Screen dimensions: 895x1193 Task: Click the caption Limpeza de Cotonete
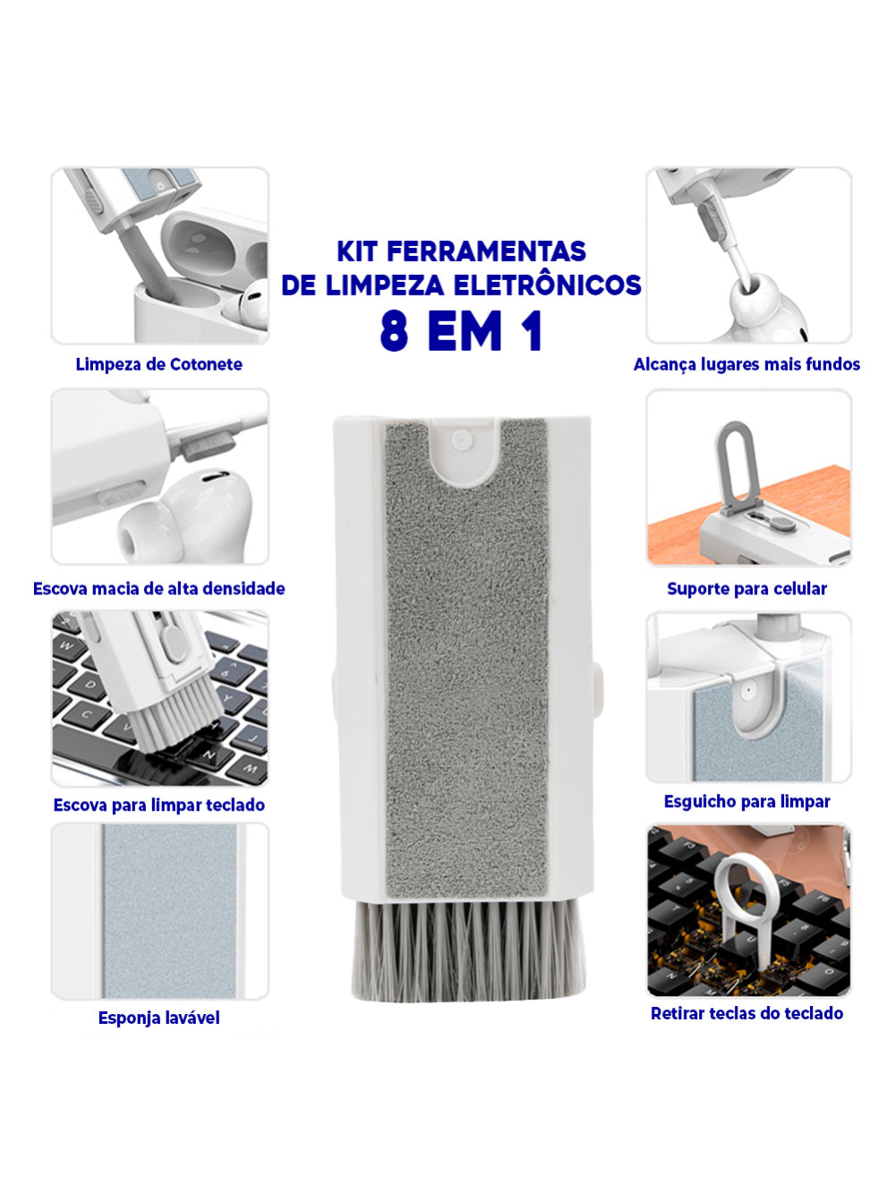tap(158, 364)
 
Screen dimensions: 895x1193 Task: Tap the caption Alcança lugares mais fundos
tap(746, 364)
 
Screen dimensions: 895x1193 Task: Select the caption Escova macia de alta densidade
tap(159, 588)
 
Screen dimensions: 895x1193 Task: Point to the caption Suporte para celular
tap(746, 589)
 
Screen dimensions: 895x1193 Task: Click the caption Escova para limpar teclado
tap(159, 805)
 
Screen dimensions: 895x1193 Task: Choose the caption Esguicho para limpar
tap(746, 802)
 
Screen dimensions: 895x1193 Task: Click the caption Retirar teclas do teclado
tap(746, 1013)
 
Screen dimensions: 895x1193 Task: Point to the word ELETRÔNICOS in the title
tap(548, 285)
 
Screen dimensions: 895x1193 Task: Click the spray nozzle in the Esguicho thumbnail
tap(748, 690)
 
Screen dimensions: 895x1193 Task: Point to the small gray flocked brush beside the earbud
tap(209, 444)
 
